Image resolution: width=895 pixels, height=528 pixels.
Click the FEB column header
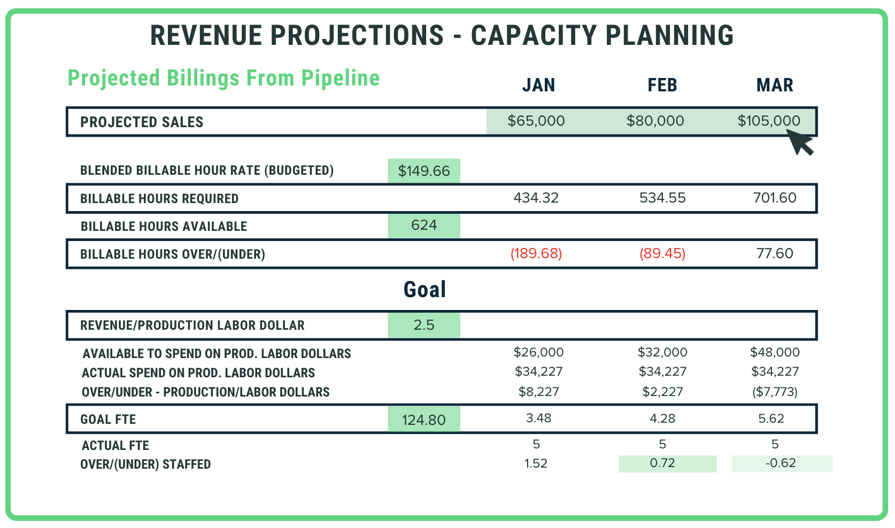[x=662, y=86]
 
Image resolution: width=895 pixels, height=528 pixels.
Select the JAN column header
[x=538, y=86]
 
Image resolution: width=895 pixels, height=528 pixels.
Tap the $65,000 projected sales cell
[x=536, y=121]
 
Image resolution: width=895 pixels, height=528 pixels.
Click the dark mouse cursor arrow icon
[x=801, y=143]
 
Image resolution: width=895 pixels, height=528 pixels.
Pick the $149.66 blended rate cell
[x=424, y=171]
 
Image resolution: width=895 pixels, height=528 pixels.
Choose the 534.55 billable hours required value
[x=662, y=198]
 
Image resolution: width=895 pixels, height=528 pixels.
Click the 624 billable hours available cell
[x=424, y=226]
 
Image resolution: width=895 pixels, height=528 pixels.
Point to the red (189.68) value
[x=536, y=253]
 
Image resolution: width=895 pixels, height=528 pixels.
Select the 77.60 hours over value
[x=775, y=253]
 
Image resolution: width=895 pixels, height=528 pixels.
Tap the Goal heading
[x=425, y=290]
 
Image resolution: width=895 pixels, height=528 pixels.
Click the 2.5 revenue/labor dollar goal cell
[x=424, y=325]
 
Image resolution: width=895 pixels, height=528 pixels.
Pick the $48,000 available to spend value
[x=775, y=352]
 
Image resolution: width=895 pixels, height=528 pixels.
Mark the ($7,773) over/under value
[x=775, y=392]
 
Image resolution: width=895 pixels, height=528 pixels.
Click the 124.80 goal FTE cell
[x=424, y=420]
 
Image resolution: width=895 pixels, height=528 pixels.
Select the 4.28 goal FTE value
[x=662, y=418]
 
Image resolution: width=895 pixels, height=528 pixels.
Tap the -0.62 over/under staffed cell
[x=781, y=463]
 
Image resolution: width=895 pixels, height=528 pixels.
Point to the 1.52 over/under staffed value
[x=536, y=463]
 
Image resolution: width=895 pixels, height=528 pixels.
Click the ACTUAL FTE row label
[x=115, y=446]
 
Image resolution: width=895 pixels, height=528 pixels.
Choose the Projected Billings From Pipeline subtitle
[x=223, y=78]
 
